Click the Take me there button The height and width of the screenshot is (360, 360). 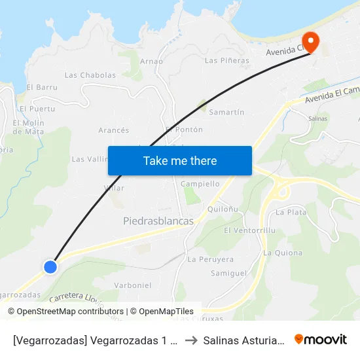click(180, 160)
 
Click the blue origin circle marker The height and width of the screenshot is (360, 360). click(50, 266)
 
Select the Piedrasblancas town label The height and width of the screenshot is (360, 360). click(158, 221)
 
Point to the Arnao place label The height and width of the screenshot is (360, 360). click(151, 61)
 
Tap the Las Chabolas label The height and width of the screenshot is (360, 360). click(90, 75)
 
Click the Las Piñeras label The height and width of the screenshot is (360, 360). click(226, 61)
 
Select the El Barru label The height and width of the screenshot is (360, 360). click(42, 87)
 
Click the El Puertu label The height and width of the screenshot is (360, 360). click(37, 109)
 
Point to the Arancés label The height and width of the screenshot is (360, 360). click(113, 130)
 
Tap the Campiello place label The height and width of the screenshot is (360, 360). click(200, 184)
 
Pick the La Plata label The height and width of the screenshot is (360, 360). click(291, 212)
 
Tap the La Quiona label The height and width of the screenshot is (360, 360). click(283, 253)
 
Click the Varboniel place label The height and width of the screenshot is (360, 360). click(132, 285)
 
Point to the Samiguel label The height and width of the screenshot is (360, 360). click(228, 272)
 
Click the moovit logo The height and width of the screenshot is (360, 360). click(321, 339)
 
